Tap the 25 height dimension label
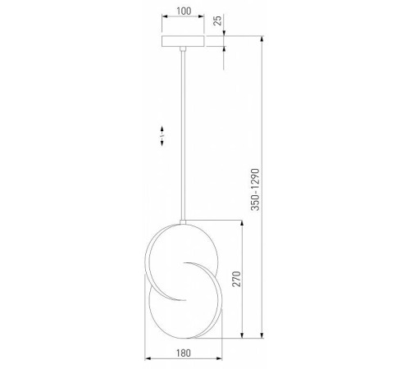[x=218, y=22]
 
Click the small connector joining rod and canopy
[x=182, y=50]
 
